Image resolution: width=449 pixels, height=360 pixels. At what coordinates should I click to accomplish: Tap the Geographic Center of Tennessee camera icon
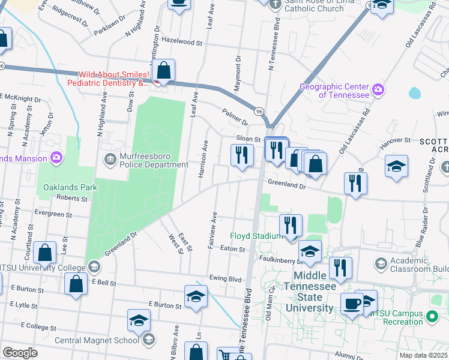pos(378,91)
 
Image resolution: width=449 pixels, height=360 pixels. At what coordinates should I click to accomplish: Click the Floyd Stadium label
pos(257,236)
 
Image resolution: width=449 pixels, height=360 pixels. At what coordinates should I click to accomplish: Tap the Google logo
pos(20,353)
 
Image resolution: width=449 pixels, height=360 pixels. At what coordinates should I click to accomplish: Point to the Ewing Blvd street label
pos(225,279)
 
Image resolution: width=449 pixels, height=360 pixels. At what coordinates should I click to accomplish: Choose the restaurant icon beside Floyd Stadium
pos(291,226)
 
